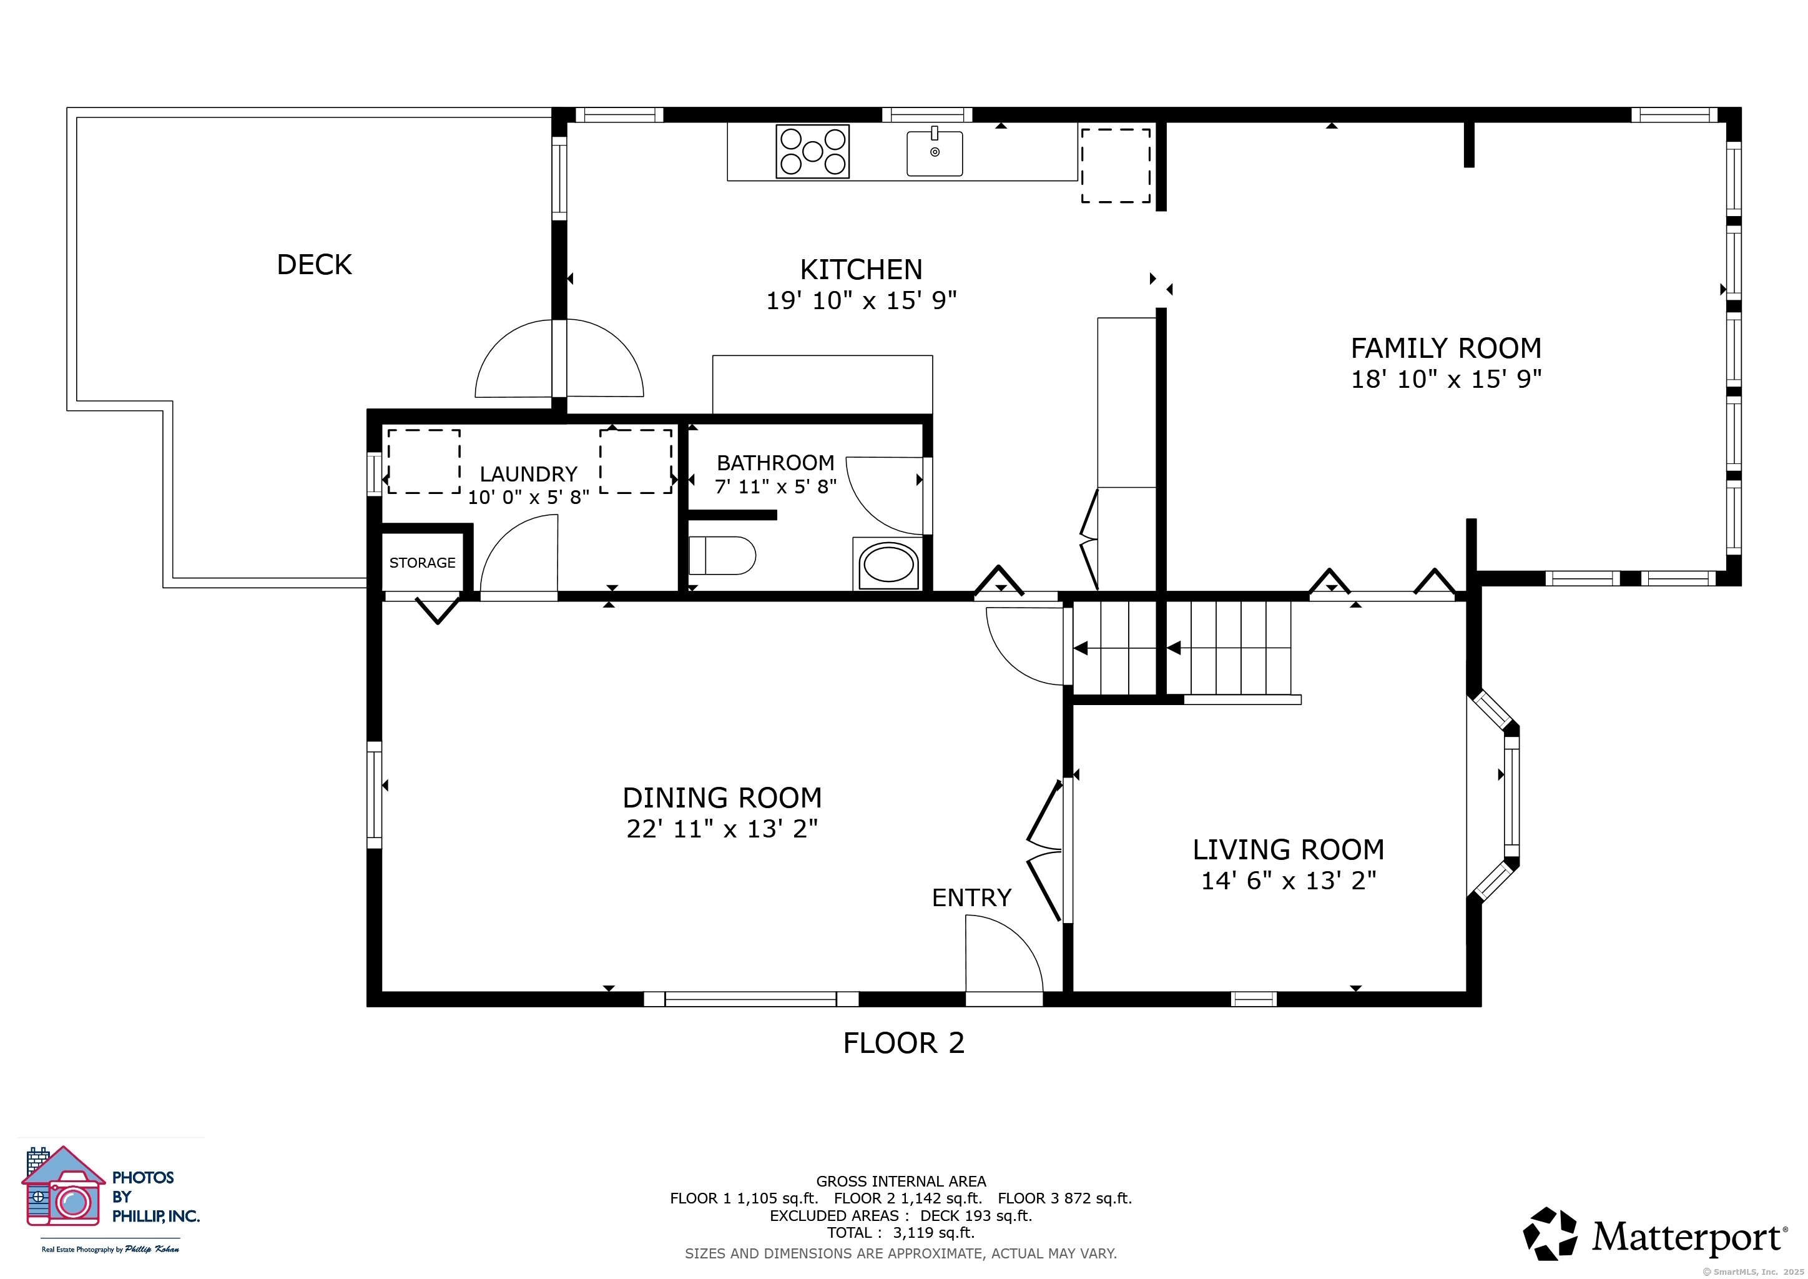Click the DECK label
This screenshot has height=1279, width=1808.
pyautogui.click(x=314, y=265)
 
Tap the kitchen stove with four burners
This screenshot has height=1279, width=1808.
pyautogui.click(x=813, y=151)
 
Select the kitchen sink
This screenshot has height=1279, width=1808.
pyautogui.click(x=935, y=152)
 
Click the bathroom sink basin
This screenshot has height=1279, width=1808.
pyautogui.click(x=888, y=565)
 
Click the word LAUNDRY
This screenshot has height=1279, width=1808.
pyautogui.click(x=528, y=474)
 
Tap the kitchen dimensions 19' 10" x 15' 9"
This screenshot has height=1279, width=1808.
pyautogui.click(x=862, y=300)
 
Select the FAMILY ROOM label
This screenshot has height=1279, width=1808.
pyautogui.click(x=1446, y=348)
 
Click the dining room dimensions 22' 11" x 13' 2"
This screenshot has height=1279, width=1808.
pyautogui.click(x=722, y=829)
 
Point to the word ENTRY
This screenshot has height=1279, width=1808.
pyautogui.click(x=971, y=898)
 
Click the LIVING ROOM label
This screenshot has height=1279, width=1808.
pyautogui.click(x=1289, y=850)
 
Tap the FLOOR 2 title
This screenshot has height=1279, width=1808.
pyautogui.click(x=903, y=1044)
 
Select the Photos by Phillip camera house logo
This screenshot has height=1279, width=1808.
pyautogui.click(x=63, y=1186)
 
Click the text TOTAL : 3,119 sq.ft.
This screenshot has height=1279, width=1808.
pyautogui.click(x=901, y=1233)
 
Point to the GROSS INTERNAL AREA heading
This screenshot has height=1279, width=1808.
pyautogui.click(x=901, y=1182)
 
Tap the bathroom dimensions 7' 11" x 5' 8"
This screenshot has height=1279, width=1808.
pyautogui.click(x=775, y=486)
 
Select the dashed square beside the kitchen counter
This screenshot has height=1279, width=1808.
pyautogui.click(x=1116, y=165)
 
